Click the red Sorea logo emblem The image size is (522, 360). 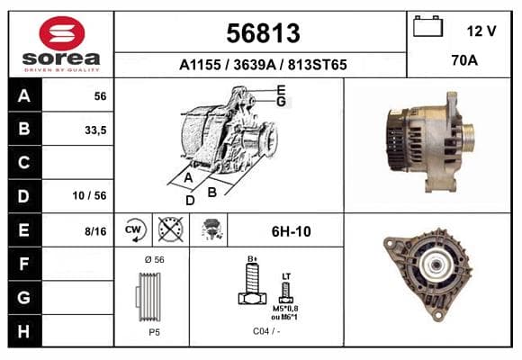pos(62,33)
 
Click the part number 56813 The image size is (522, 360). pos(263,33)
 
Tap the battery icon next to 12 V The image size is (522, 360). pos(427,26)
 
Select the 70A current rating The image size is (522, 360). pos(464,60)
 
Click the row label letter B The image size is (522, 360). pos(24,129)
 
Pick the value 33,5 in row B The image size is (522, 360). pos(95,130)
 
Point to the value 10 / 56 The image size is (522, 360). pos(90,195)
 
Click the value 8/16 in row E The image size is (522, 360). pos(95,231)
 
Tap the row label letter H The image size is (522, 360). pos(24,331)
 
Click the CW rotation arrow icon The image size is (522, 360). pos(133,229)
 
